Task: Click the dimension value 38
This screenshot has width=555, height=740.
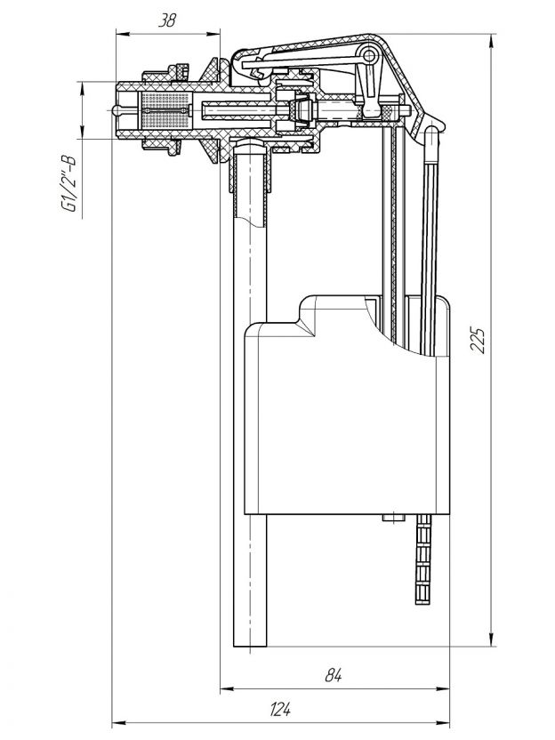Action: coord(166,20)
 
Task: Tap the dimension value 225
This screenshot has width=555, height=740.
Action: coord(478,340)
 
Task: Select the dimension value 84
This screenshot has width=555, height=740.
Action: coord(334,675)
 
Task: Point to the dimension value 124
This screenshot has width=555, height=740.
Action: coord(280,709)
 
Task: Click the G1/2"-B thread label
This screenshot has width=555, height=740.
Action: coord(68,184)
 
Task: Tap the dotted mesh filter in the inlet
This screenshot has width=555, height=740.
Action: coord(165,111)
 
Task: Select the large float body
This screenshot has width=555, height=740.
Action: coord(347,405)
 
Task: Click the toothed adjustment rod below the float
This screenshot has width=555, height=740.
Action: coord(423,559)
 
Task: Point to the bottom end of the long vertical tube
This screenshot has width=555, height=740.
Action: coord(250,646)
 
